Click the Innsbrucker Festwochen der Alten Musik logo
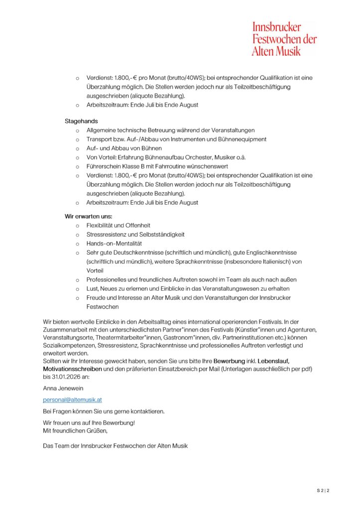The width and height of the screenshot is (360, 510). (x=284, y=38)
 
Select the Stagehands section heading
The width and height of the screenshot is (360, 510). (x=81, y=121)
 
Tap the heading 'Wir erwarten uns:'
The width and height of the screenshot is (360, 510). (x=89, y=216)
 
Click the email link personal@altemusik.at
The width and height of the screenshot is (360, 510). (x=73, y=399)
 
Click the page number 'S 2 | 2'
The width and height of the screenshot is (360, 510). (x=323, y=491)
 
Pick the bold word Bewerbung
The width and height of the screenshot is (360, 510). (x=231, y=361)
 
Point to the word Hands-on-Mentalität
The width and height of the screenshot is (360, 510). (x=114, y=243)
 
